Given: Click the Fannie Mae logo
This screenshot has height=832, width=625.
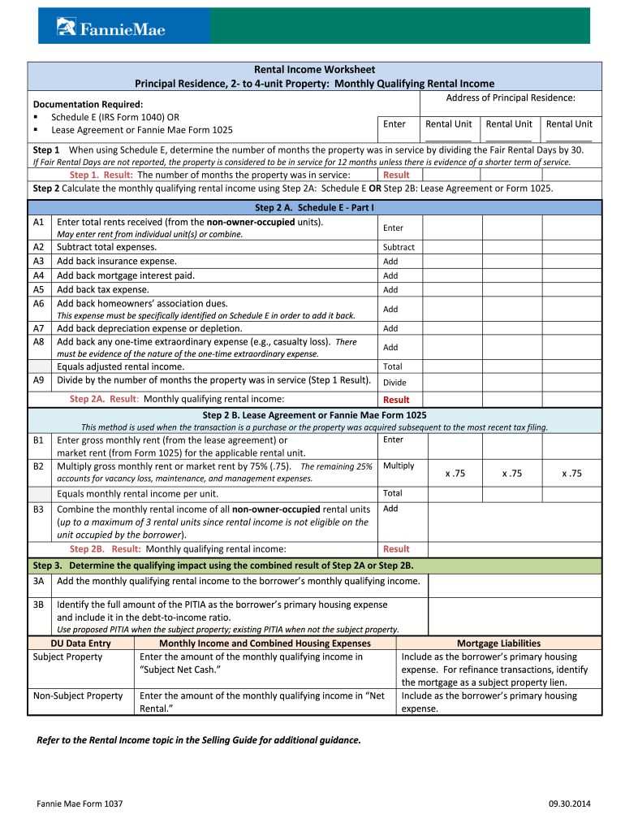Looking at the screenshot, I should click(x=110, y=28).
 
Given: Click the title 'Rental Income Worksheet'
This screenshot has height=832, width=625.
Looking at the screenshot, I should click(x=314, y=70).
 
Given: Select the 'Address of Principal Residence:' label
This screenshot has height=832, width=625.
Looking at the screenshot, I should click(x=511, y=98).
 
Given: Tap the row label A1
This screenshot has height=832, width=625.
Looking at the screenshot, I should click(x=38, y=222).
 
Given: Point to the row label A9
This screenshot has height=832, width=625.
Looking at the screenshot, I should click(x=38, y=379).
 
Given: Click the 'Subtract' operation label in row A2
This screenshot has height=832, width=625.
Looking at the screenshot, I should click(x=399, y=247).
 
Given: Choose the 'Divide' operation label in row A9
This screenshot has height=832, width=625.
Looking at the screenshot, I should click(x=394, y=383).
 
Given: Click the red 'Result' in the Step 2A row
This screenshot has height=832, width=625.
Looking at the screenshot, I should click(x=396, y=400).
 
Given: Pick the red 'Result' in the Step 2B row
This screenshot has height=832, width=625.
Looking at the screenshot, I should click(x=396, y=549).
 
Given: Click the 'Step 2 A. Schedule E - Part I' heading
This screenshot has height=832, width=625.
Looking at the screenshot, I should click(x=314, y=208).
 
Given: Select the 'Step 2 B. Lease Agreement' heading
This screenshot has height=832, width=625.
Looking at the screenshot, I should click(x=314, y=415).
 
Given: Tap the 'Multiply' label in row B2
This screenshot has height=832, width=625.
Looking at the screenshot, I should click(x=399, y=466).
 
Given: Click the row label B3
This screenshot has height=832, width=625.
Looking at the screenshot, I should click(x=38, y=509).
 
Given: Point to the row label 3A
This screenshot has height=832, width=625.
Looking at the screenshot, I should click(x=38, y=581).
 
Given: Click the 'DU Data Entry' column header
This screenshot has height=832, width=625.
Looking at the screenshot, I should click(x=80, y=643).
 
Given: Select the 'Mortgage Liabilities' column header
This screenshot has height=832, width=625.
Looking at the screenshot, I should click(x=498, y=643).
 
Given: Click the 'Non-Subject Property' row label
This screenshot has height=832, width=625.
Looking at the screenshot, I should click(x=78, y=695).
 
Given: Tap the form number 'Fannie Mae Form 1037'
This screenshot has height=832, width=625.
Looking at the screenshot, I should click(x=80, y=804).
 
